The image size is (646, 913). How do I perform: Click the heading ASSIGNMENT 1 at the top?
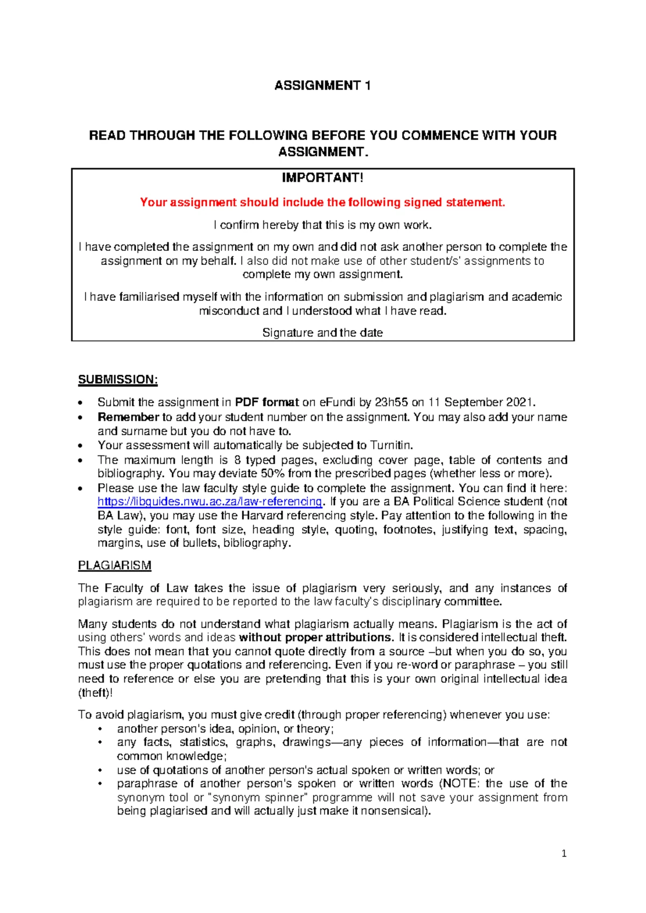(322, 86)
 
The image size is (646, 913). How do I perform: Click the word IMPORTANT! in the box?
(322, 178)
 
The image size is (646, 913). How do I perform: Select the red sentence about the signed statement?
(322, 202)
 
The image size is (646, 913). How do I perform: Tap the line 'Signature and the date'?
(322, 333)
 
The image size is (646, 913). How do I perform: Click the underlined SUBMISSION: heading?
(118, 380)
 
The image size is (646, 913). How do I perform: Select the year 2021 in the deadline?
(519, 402)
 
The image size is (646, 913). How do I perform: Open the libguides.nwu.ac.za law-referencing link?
(209, 502)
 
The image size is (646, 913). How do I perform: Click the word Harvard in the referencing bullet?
(262, 516)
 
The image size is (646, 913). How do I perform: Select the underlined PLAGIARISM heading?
(114, 566)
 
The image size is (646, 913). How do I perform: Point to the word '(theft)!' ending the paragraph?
(95, 693)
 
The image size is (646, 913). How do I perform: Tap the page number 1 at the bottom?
(564, 854)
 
